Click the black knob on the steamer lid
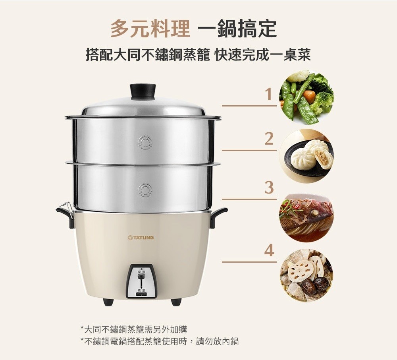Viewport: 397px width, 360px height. point(143,92)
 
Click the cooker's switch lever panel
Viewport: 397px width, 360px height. point(142,281)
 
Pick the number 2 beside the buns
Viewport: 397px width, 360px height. point(269,139)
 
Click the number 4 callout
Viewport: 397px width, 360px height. point(269,251)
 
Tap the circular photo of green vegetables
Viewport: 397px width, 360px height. point(306,97)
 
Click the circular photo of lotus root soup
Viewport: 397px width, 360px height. point(306,275)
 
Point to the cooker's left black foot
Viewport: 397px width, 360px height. point(108,302)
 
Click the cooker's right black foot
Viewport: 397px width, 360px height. point(176,302)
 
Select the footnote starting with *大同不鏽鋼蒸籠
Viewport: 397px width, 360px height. point(134,329)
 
